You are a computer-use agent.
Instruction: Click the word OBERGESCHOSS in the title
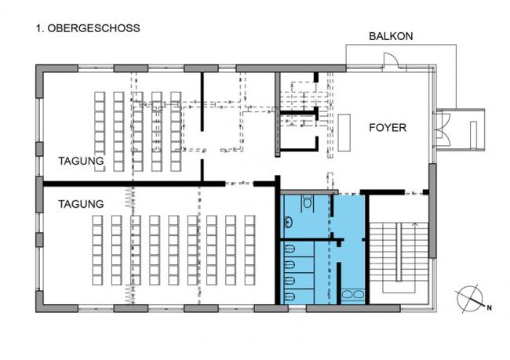pos(93,28)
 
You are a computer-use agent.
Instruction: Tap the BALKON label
pos(391,36)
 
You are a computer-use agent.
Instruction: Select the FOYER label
pos(388,128)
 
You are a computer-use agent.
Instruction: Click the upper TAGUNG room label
pos(81,161)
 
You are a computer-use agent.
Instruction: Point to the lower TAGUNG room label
pos(81,204)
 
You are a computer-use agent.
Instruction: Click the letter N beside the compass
pos(489,307)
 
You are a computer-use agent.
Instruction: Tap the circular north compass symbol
pos(469,298)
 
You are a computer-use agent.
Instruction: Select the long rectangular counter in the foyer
pos(344,133)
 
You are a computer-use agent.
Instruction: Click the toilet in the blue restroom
pos(308,202)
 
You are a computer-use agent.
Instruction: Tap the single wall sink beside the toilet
pos(288,222)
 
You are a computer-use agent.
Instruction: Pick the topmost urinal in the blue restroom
pos(290,249)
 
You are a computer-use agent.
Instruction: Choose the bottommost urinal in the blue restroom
pos(290,296)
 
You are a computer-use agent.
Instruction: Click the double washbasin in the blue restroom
pos(353,295)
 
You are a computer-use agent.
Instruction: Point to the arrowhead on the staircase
pos(414,224)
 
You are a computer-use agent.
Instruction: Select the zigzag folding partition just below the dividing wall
pos(130,198)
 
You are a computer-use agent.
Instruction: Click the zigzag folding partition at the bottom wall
pos(130,294)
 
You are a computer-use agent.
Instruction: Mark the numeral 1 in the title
pos(39,28)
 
